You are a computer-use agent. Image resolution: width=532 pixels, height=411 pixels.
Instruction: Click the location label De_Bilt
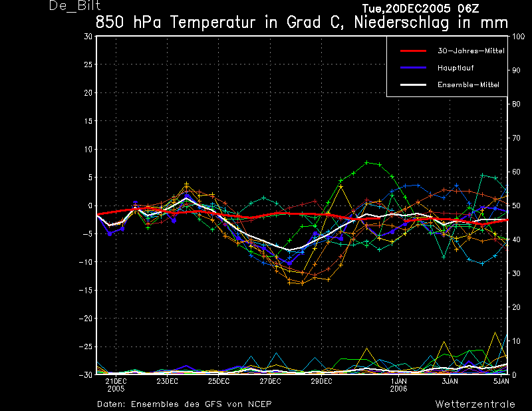74,5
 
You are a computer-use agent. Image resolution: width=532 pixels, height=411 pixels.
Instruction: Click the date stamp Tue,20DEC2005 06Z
420,9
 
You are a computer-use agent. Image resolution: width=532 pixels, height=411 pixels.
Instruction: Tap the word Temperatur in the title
212,23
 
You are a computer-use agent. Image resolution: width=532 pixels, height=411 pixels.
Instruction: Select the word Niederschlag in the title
402,23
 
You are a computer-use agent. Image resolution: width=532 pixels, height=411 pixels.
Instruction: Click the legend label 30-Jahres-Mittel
471,51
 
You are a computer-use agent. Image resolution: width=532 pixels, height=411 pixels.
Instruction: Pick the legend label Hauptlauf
456,68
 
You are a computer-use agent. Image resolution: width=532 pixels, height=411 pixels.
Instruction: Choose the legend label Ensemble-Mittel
468,85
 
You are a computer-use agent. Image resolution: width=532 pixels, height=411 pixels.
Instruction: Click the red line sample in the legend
413,51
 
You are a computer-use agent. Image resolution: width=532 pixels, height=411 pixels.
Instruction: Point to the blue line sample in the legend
413,68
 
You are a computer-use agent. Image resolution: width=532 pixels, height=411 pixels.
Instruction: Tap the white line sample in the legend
413,84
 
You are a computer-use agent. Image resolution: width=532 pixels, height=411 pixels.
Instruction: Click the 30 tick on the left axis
88,37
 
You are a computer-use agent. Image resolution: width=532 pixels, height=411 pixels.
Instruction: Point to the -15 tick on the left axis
86,291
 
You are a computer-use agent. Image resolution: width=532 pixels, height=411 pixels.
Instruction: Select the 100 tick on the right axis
518,37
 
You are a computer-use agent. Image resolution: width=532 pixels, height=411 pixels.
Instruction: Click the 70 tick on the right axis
516,138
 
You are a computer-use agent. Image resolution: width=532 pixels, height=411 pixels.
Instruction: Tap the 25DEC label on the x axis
219,381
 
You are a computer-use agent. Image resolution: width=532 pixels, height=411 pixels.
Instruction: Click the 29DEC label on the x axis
321,381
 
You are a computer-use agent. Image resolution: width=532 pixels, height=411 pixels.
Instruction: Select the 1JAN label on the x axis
398,381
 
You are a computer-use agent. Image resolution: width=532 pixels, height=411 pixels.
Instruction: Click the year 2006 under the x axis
398,389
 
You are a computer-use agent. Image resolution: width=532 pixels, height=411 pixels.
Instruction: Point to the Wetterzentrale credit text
475,404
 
